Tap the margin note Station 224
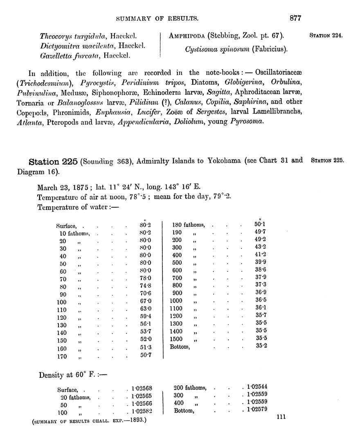pyautogui.click(x=326, y=36)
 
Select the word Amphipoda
pyautogui.click(x=189, y=36)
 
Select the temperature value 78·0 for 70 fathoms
pyautogui.click(x=145, y=278)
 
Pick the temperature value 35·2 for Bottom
pyautogui.click(x=261, y=346)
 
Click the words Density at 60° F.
pyautogui.click(x=67, y=375)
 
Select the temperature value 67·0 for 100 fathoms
pyautogui.click(x=145, y=301)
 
